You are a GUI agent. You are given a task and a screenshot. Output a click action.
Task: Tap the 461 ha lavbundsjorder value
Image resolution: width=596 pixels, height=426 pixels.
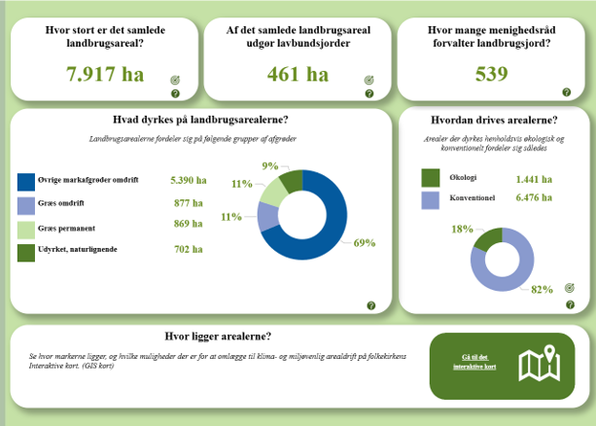pyautogui.click(x=298, y=74)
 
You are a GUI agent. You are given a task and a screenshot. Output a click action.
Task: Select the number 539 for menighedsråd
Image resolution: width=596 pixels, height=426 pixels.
pyautogui.click(x=491, y=74)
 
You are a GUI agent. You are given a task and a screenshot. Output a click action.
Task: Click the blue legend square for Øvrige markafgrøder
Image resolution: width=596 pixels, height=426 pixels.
pyautogui.click(x=26, y=182)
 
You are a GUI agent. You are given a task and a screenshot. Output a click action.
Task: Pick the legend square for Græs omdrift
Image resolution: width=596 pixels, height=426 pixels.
pyautogui.click(x=26, y=204)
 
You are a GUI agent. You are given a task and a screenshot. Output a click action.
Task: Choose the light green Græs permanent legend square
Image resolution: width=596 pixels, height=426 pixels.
pyautogui.click(x=26, y=229)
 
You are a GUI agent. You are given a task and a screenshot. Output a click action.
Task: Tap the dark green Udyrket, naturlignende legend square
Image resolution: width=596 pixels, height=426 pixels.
pyautogui.click(x=26, y=252)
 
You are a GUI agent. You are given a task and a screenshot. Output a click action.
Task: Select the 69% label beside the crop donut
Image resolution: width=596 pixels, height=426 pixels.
pyautogui.click(x=365, y=242)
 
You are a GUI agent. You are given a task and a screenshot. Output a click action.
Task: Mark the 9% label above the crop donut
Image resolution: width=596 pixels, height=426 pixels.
pyautogui.click(x=270, y=165)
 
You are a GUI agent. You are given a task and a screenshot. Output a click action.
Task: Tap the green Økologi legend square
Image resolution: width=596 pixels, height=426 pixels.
pyautogui.click(x=431, y=178)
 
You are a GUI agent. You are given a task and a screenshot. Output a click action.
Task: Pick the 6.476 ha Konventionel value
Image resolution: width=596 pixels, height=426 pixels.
pyautogui.click(x=534, y=197)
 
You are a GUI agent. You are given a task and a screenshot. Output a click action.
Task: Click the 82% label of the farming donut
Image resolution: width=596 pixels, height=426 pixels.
pyautogui.click(x=542, y=288)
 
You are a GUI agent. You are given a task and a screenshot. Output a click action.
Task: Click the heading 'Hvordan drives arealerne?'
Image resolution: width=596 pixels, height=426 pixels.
pyautogui.click(x=493, y=121)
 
